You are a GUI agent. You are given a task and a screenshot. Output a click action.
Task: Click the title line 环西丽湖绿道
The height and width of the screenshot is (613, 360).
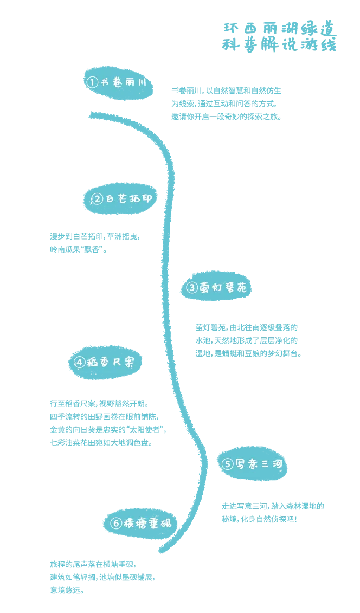point(280,29)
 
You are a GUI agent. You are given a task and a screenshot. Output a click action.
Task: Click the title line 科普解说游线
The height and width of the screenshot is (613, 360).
point(279,45)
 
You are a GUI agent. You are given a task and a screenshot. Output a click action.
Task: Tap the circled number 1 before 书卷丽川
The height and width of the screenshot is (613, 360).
point(92,82)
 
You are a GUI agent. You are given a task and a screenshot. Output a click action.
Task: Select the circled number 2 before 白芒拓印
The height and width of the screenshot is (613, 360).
point(98,198)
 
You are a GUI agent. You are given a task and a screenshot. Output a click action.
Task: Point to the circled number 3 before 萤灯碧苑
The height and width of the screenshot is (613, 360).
point(192,288)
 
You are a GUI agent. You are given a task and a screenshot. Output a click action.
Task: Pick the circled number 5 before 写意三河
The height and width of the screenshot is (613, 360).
point(227,464)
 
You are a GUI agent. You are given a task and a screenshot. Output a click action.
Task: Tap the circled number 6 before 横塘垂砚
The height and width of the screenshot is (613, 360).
point(116,523)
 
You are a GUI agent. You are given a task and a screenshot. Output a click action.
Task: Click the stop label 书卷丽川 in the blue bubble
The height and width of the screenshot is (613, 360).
point(124,82)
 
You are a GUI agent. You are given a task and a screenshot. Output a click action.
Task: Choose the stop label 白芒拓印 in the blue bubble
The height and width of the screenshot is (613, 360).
point(128,198)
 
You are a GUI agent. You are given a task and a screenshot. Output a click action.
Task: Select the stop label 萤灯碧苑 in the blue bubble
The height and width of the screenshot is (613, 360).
point(223,288)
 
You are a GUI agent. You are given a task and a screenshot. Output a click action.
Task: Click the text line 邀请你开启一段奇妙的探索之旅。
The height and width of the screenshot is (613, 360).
point(227,117)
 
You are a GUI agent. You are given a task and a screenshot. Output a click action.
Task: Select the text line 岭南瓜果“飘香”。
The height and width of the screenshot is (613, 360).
point(79,249)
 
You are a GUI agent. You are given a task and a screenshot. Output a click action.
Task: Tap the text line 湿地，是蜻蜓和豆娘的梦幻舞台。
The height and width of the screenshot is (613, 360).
point(249,354)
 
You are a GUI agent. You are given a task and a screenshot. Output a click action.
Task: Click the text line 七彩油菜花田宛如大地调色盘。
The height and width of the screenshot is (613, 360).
point(101,443)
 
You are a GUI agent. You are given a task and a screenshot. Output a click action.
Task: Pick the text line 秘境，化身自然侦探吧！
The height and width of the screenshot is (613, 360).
point(260,520)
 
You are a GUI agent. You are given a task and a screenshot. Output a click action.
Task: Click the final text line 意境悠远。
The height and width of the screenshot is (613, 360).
point(67,590)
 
